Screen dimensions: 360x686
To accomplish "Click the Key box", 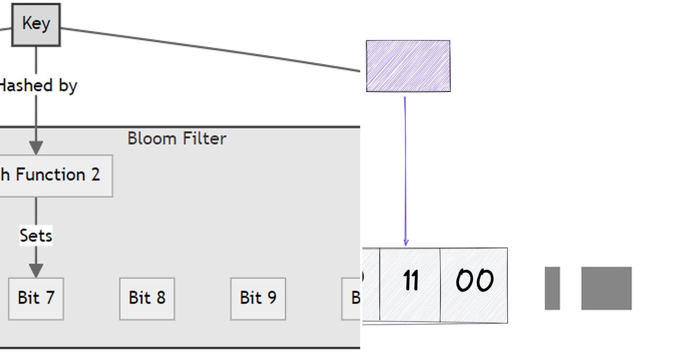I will (35, 24).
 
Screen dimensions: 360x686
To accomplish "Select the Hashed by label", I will (38, 86).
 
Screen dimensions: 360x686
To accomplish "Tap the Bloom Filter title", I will (177, 138).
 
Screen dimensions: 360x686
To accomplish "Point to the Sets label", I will (35, 235).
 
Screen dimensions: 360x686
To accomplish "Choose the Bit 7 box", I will (35, 298).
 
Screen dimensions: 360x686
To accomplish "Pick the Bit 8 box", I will (147, 298).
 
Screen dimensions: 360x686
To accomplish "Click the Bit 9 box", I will (258, 298).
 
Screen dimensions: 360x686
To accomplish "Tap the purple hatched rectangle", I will (408, 66).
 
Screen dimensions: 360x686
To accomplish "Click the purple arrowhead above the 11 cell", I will (406, 243).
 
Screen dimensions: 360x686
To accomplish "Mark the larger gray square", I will (607, 288).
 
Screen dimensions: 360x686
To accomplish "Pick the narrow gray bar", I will (552, 288).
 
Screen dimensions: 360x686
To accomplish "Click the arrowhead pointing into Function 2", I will (36, 148).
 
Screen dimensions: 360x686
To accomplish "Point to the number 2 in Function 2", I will (95, 175).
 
